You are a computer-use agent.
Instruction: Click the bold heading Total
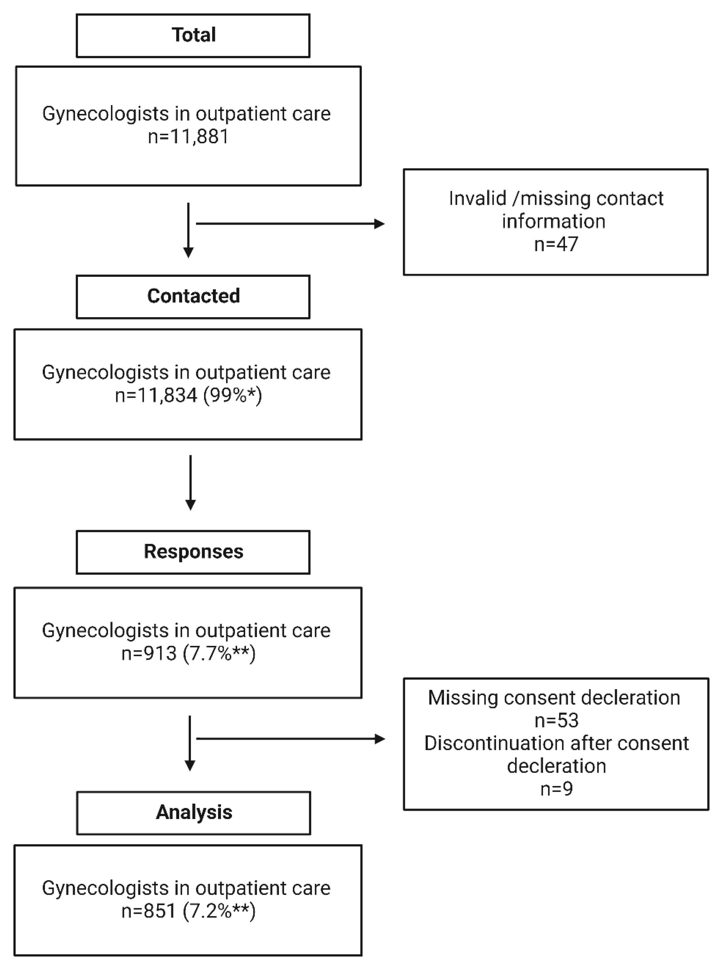tap(193, 35)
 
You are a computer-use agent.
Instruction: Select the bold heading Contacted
tap(193, 296)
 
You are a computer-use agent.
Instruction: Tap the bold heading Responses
tap(193, 552)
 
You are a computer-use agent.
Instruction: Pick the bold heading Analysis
tap(194, 813)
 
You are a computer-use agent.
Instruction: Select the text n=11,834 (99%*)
tap(188, 395)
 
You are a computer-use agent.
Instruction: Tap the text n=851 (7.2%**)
tap(188, 911)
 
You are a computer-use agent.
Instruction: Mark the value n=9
tap(556, 789)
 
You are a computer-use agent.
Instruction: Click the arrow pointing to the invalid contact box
tap(290, 224)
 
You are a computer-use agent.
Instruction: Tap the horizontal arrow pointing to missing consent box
tap(290, 739)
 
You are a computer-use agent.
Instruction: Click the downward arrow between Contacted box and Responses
tap(190, 482)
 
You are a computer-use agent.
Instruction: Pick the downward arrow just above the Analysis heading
tap(190, 743)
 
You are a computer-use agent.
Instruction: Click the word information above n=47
tap(554, 221)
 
